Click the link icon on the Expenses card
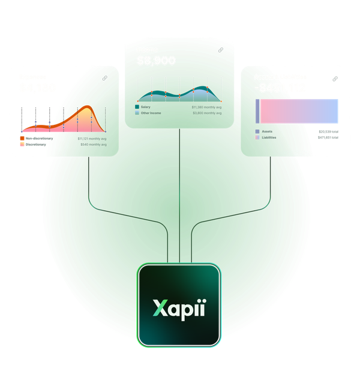(x=104, y=78)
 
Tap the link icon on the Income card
(x=220, y=50)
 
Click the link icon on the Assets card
(x=335, y=79)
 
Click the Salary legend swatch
(x=137, y=107)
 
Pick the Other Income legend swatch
(x=137, y=112)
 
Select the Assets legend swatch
(x=257, y=131)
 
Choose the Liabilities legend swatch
(x=257, y=137)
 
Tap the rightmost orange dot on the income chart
(x=208, y=88)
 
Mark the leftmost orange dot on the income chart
(x=151, y=95)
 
